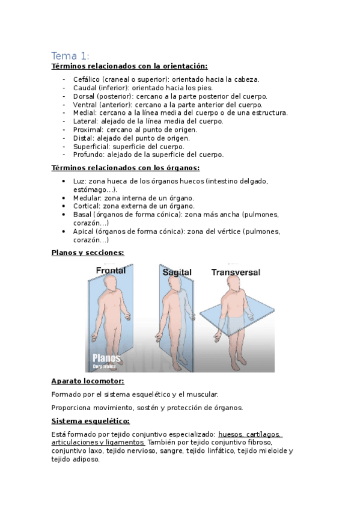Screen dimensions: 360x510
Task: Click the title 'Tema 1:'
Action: (70, 56)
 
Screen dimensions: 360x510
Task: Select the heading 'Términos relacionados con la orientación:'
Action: (129, 67)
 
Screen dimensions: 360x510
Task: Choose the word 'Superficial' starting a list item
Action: (90, 146)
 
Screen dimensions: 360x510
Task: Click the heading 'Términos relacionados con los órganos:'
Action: (125, 168)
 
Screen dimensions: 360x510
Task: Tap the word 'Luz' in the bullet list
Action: (79, 180)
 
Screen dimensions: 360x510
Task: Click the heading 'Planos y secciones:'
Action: (87, 253)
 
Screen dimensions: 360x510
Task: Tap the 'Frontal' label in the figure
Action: (111, 271)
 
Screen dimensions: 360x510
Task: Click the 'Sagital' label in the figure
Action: (177, 272)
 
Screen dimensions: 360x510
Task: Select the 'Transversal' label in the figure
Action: (236, 272)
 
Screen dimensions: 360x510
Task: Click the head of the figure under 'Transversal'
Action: (234, 287)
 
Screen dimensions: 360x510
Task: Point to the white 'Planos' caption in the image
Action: (106, 358)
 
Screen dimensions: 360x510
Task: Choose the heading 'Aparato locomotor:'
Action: (88, 381)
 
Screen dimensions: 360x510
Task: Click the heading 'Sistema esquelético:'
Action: (90, 421)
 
